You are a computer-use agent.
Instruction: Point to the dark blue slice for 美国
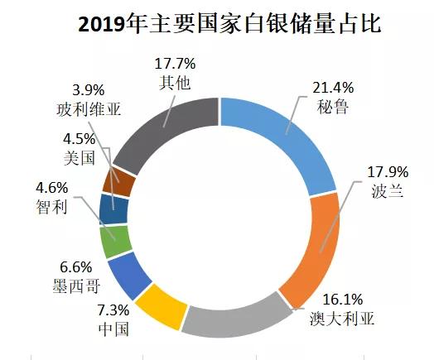pos(112,209)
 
